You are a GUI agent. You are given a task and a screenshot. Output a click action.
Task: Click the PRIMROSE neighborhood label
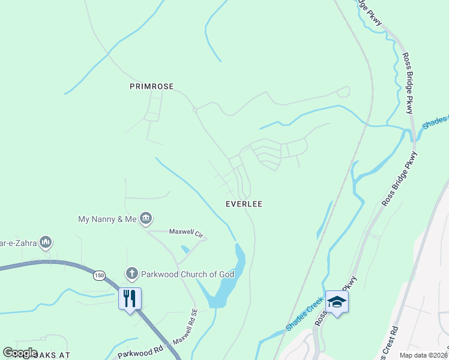151,86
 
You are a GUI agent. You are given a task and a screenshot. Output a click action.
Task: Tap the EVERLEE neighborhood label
244,204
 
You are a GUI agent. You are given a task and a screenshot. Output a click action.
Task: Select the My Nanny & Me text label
107,219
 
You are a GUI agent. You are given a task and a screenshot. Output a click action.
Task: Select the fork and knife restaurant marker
130,298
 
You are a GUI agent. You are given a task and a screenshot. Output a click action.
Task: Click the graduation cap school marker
337,301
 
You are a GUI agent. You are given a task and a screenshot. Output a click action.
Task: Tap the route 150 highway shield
99,275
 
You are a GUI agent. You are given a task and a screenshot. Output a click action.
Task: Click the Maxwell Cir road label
182,232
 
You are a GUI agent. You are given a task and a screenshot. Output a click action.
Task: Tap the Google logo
20,353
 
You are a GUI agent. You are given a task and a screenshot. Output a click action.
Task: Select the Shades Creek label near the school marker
305,316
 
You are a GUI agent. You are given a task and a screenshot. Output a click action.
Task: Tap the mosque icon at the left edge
46,242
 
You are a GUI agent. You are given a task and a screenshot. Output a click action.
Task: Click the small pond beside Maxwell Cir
185,249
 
